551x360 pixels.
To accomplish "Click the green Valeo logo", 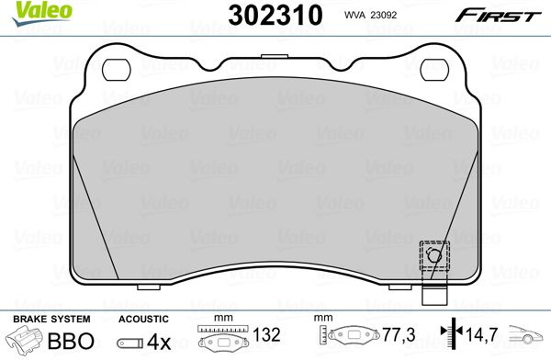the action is click(42, 13).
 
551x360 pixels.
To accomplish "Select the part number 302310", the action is click(275, 15).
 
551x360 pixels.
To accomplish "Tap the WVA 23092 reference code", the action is click(370, 15).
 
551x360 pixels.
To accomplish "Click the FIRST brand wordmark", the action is click(498, 16).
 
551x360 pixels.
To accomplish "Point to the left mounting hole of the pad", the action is click(117, 69).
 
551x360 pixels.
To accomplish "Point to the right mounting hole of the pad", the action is click(434, 69).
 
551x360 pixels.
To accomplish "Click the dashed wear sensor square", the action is click(434, 256).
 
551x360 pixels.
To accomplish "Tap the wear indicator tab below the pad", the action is click(434, 294).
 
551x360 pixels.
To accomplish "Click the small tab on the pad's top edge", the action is click(275, 56).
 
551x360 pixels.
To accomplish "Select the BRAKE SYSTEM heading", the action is click(51, 319).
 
